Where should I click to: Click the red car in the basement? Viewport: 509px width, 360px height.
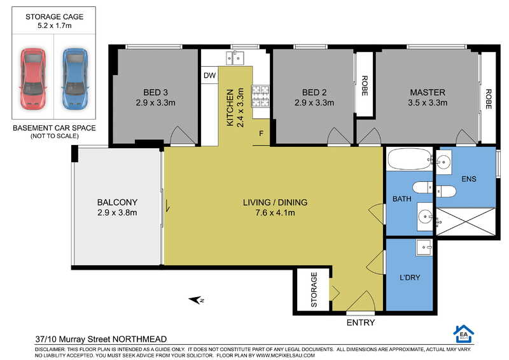[x=32, y=79]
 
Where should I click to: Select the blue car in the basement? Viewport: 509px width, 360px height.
[x=75, y=79]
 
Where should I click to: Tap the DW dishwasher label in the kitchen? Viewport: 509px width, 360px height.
[x=209, y=76]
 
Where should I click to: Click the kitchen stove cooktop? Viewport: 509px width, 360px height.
[x=261, y=97]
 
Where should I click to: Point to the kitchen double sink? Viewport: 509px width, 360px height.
[x=235, y=58]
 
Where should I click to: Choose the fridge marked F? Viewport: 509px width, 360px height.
[x=261, y=134]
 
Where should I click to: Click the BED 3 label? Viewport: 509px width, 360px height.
[x=156, y=92]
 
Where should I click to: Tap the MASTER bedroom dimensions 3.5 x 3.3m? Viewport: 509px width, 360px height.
[x=428, y=103]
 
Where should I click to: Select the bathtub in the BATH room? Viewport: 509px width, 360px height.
[x=410, y=159]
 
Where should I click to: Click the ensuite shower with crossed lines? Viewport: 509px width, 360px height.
[x=466, y=223]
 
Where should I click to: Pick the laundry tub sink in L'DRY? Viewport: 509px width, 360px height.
[x=424, y=247]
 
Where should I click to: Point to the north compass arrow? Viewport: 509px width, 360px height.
[x=196, y=300]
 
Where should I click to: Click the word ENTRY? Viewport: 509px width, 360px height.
[x=361, y=322]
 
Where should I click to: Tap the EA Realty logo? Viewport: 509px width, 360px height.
[x=463, y=334]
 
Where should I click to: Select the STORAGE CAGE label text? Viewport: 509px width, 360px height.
[x=55, y=17]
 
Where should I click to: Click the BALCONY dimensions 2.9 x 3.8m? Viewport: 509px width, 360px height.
[x=117, y=213]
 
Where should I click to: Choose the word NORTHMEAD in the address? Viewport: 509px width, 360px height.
[x=139, y=340]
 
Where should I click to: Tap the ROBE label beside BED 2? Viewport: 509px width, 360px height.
[x=365, y=86]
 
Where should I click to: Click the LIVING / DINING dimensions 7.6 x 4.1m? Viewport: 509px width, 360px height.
[x=275, y=213]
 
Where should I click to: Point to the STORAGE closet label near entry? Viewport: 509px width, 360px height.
[x=314, y=290]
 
